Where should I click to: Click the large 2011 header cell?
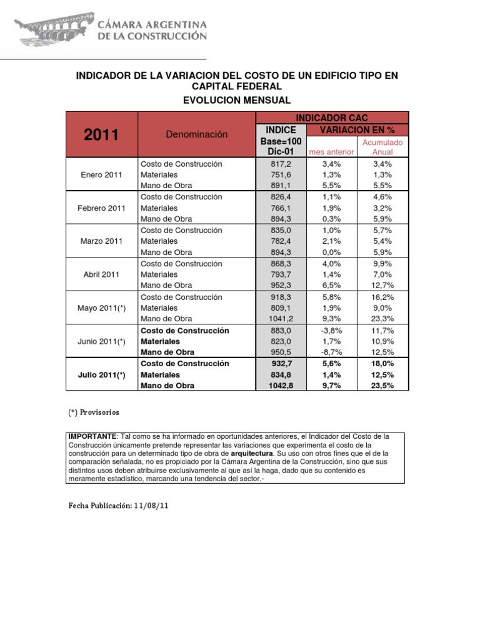(101, 135)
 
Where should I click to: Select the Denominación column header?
(197, 134)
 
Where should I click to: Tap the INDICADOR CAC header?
(332, 117)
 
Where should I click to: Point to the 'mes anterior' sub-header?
(331, 152)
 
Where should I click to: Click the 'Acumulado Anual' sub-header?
(382, 147)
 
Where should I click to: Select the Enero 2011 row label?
(101, 175)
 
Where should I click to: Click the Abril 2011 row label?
(101, 274)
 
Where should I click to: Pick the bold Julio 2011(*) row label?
(101, 375)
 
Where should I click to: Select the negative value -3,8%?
(331, 331)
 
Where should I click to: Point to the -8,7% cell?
(331, 352)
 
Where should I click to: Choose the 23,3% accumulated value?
(382, 319)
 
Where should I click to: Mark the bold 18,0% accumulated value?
(382, 364)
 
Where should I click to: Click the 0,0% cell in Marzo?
(331, 252)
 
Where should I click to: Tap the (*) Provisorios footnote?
(93, 413)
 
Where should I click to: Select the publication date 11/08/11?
(151, 506)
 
